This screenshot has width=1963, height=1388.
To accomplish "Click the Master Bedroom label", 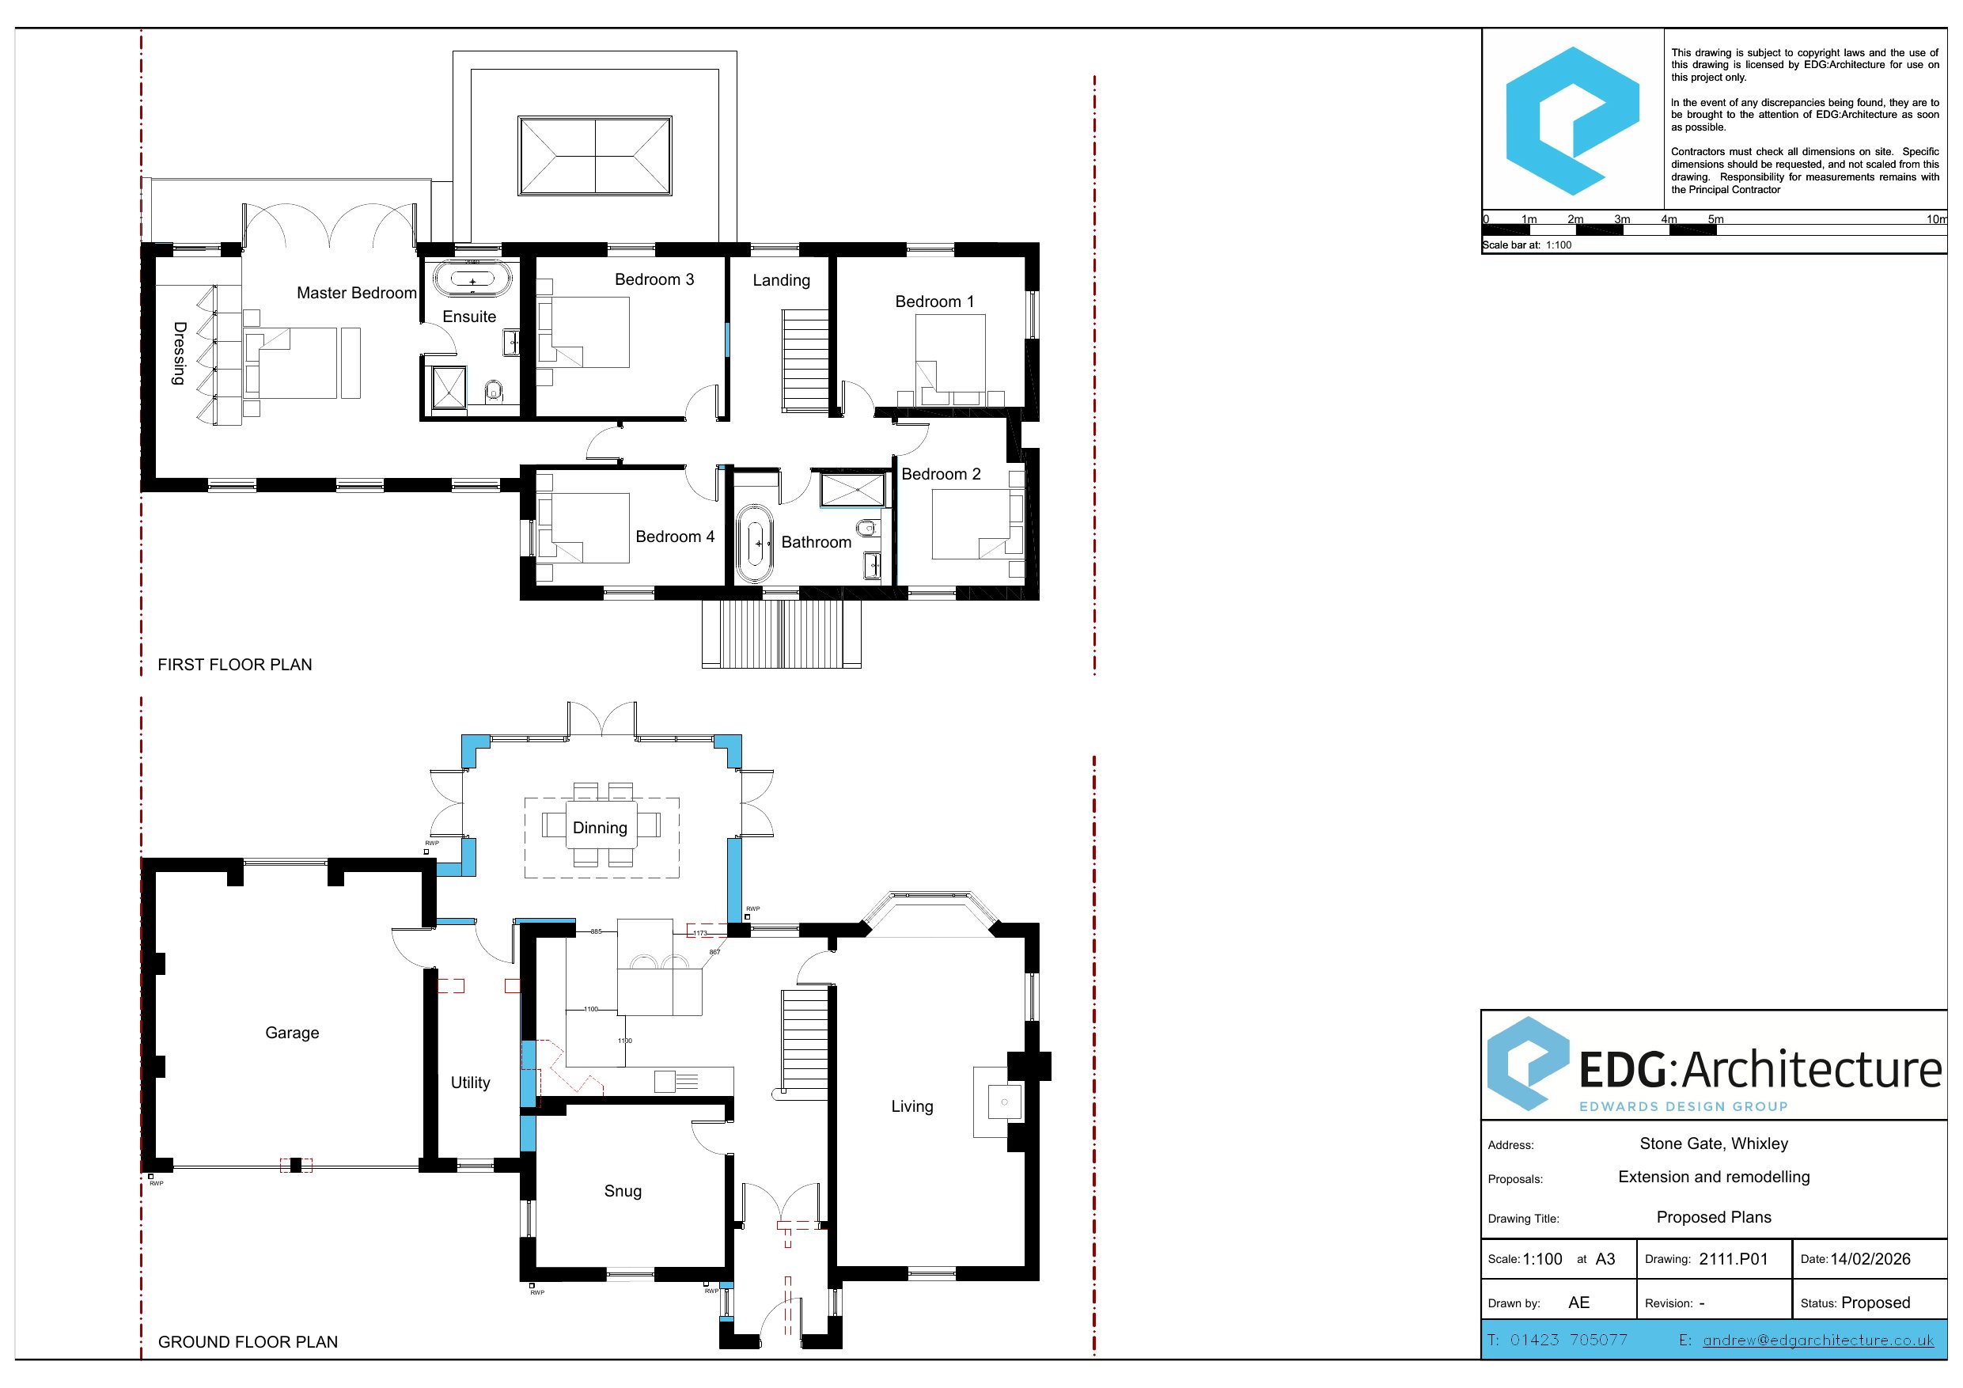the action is [x=357, y=293].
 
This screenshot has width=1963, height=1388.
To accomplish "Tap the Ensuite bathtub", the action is [x=472, y=279].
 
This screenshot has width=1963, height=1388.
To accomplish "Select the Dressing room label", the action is [x=179, y=353].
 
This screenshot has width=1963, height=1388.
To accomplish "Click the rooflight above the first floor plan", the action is [x=595, y=156].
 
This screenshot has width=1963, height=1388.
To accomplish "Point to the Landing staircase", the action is [x=805, y=361].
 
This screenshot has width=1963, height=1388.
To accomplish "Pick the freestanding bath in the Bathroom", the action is [x=755, y=543].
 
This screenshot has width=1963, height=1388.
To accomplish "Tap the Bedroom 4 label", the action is [x=675, y=537].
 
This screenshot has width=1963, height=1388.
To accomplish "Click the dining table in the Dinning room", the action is [x=602, y=824].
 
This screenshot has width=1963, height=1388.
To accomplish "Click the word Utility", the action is [x=470, y=1082].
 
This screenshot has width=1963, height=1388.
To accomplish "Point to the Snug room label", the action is [x=623, y=1190].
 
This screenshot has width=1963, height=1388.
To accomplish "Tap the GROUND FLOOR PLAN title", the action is [x=248, y=1342].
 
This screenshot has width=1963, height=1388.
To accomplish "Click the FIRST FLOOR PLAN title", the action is [x=235, y=665].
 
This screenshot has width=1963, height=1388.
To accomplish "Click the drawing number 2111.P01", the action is [x=1733, y=1259].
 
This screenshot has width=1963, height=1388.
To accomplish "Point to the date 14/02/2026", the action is [x=1870, y=1259].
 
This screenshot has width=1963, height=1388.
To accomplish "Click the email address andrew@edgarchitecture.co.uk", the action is [x=1818, y=1340].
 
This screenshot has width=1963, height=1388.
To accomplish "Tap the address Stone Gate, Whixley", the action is [x=1715, y=1143].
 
